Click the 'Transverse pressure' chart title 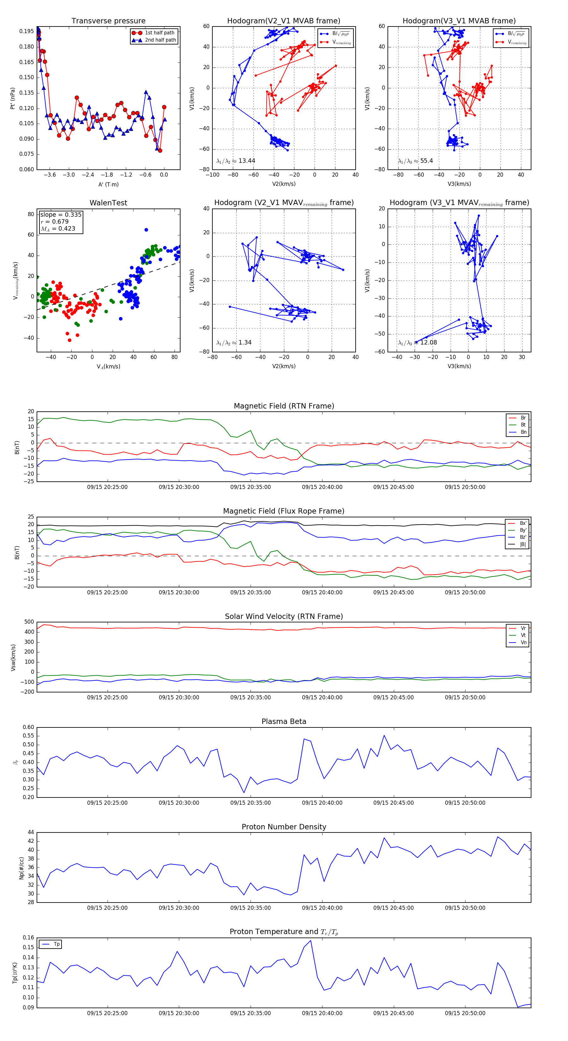click(x=108, y=21)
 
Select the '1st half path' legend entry click(x=159, y=33)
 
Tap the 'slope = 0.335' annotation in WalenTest click(x=61, y=215)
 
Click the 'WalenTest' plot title click(x=108, y=203)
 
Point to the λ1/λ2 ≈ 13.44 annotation click(x=236, y=161)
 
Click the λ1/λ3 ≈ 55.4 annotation click(x=415, y=161)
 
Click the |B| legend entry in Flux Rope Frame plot click(x=522, y=544)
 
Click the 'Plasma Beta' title click(x=284, y=721)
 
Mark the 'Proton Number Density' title click(x=284, y=827)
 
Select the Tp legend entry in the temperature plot click(x=56, y=944)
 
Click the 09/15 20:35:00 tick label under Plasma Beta click(x=251, y=803)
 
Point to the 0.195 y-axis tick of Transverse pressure click(x=27, y=31)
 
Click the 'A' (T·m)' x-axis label click(x=108, y=184)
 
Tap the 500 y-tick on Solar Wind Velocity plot click(x=29, y=622)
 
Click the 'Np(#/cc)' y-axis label click(x=21, y=868)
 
